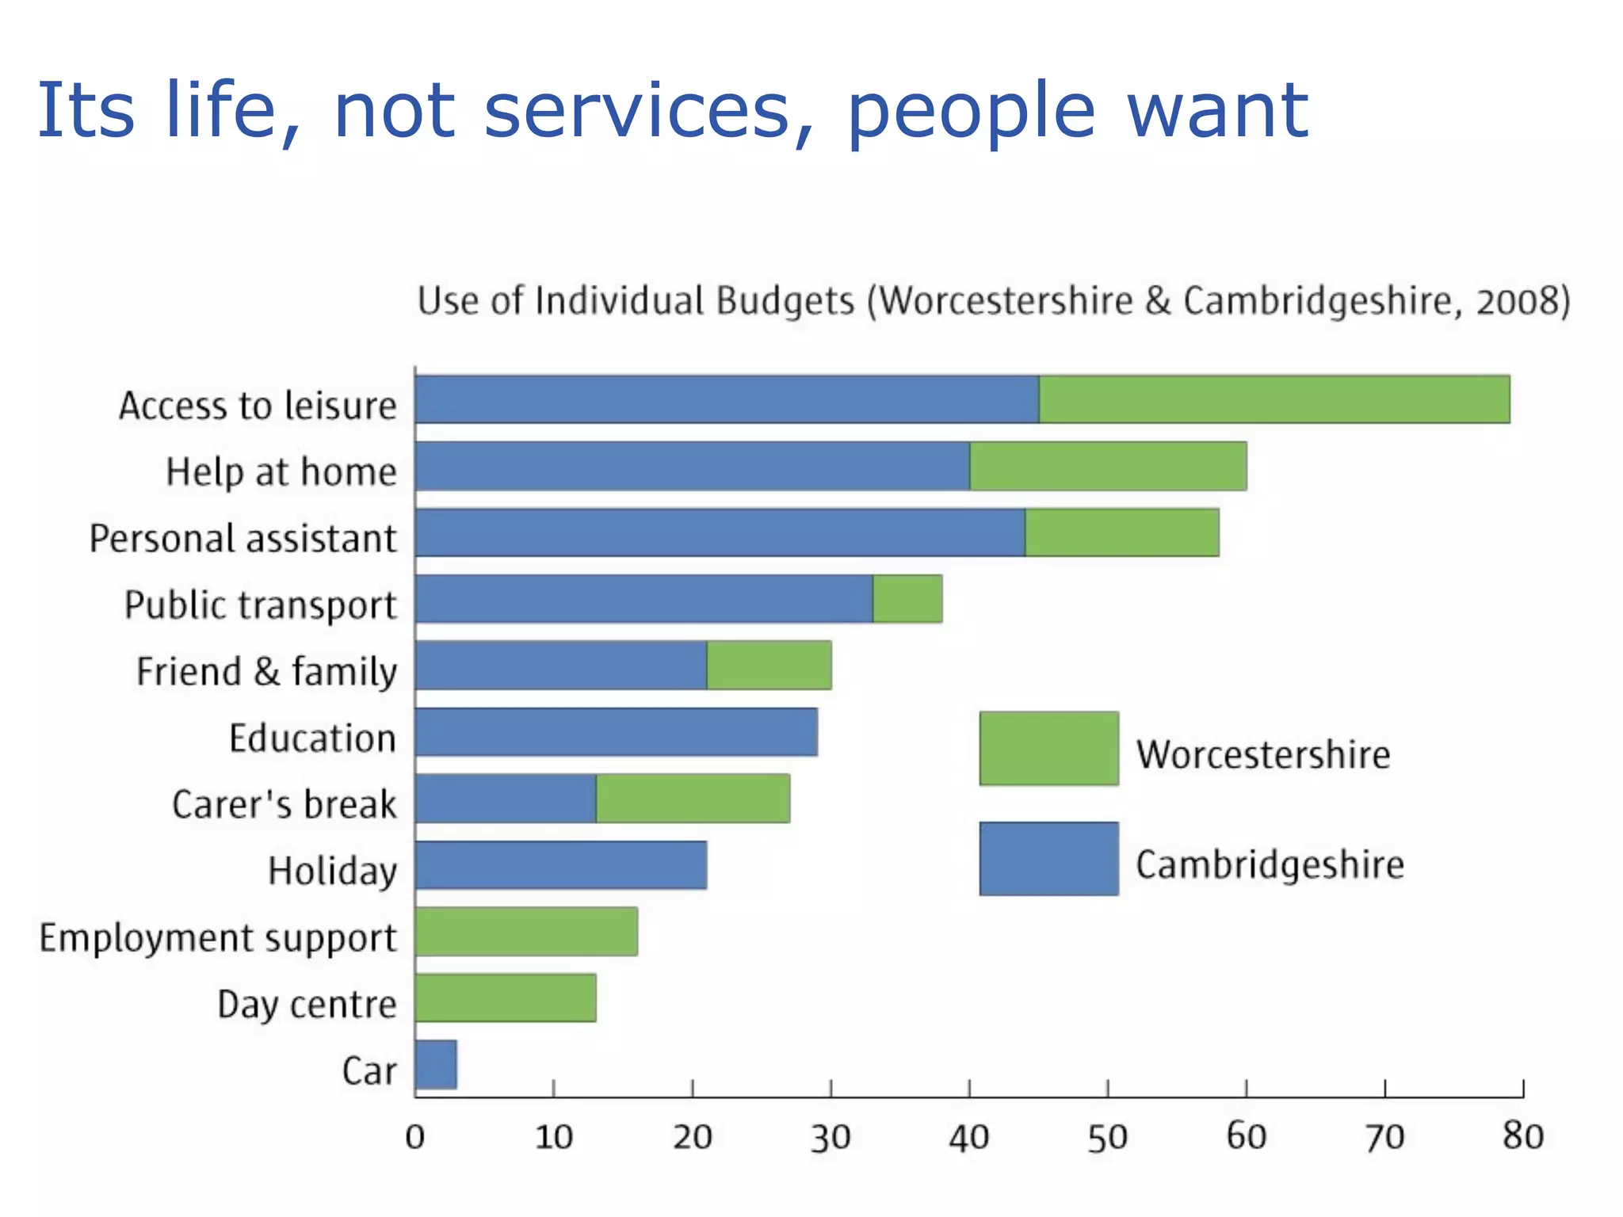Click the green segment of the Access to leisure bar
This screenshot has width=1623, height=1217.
pos(1274,399)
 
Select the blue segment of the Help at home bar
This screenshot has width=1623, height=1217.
pos(692,466)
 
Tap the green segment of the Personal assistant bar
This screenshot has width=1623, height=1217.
pos(1122,532)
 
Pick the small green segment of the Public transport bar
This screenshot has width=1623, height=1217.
pos(907,599)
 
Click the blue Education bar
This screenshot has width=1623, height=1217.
pos(616,732)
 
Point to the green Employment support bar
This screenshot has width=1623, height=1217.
pos(526,932)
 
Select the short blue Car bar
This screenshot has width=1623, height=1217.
pos(436,1065)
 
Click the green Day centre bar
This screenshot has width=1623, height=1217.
pos(506,998)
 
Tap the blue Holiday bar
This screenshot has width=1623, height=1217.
pos(560,865)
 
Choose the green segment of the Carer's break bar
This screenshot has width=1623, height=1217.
pos(693,799)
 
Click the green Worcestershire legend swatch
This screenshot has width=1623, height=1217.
pos(1048,749)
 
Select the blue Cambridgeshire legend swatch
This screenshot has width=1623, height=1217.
pos(1048,859)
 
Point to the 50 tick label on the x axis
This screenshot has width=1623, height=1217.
pos(1107,1138)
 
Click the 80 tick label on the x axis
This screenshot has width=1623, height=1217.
pos(1522,1136)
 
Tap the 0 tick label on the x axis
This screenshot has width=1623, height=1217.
pos(414,1138)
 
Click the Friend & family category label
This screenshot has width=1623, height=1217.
pos(266,672)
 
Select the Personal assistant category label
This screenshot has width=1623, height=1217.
pos(242,539)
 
